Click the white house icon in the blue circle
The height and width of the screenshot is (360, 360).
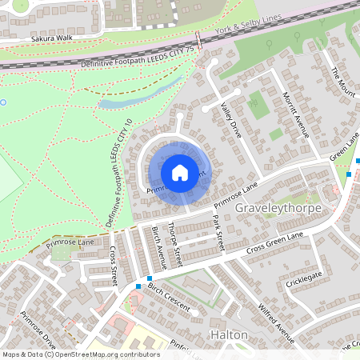[180, 172]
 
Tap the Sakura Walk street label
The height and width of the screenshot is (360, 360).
[52, 38]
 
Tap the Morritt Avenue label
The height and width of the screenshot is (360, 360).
[295, 112]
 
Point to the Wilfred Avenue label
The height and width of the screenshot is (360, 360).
[274, 317]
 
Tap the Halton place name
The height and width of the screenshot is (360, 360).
[228, 334]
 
